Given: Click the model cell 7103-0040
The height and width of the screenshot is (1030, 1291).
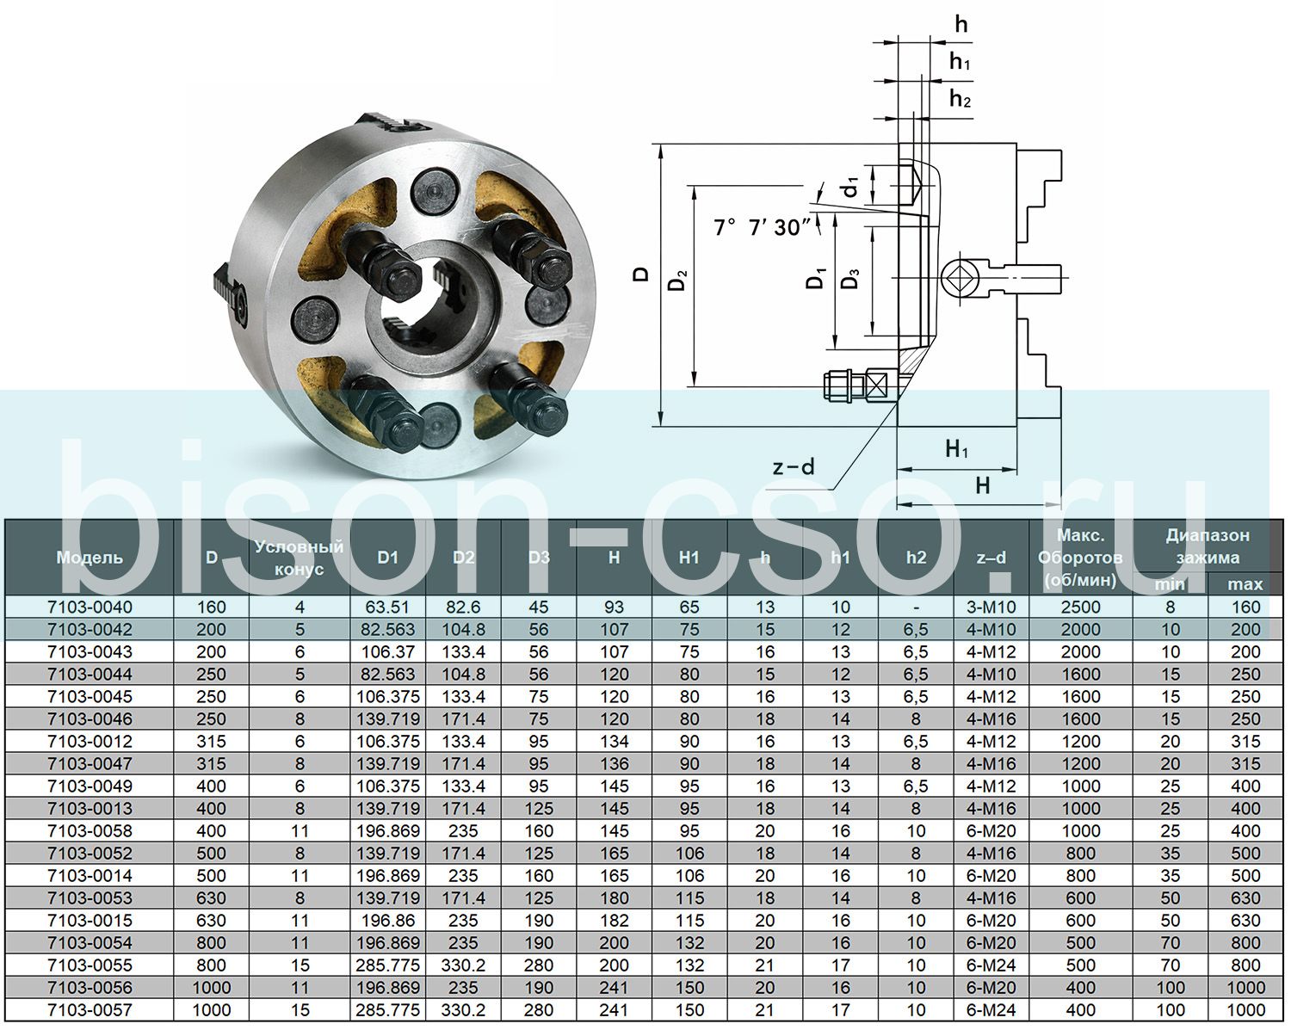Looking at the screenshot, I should [90, 607].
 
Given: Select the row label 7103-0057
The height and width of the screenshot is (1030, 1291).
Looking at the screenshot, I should [90, 1010].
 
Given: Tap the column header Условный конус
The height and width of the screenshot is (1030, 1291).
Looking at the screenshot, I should [300, 558].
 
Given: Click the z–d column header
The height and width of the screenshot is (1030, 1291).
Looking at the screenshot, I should [991, 558].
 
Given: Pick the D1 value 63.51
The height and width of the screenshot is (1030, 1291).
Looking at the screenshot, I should [388, 607].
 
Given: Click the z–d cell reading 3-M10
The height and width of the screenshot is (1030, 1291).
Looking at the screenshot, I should [991, 607].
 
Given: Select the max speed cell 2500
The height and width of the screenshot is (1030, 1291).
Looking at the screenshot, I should [1081, 607].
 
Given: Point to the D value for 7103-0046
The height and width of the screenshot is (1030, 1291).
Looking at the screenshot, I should [212, 719].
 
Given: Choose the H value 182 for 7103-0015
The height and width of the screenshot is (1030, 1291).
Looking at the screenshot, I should [614, 921].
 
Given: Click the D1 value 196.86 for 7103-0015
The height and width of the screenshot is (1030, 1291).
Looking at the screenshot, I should [388, 921].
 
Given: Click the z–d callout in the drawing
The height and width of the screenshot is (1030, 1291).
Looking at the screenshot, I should [794, 467].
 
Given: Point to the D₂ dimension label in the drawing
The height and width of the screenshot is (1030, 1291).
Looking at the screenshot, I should [680, 281].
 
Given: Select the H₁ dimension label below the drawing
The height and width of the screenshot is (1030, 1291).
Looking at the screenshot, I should [957, 449].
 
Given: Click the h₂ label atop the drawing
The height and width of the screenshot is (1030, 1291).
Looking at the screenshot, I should [961, 100].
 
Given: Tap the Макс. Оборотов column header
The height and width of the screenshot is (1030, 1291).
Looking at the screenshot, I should [1081, 558].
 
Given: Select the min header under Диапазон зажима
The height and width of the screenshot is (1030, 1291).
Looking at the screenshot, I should [1171, 584].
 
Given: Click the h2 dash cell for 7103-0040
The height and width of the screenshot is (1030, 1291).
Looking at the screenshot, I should [917, 607].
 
